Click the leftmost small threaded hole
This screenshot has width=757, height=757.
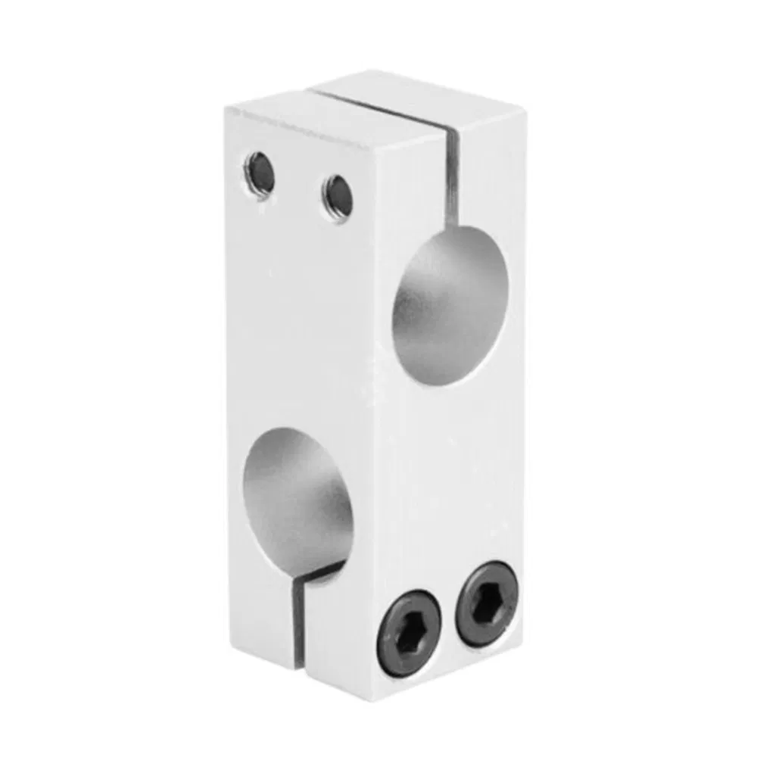(259, 173)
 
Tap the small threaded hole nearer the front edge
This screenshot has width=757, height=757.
(337, 196)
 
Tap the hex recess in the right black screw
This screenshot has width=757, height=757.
(488, 603)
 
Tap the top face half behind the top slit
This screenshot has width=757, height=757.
(424, 97)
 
